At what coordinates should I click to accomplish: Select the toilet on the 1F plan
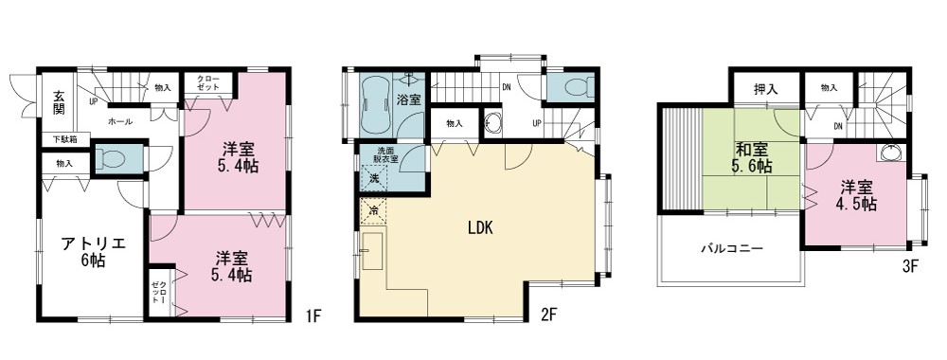pos(111,159)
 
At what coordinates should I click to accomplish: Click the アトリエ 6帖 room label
pos(93,253)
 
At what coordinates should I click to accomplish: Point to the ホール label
pos(120,122)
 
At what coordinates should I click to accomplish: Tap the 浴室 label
pos(409,100)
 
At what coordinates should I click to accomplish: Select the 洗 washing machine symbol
pos(374,179)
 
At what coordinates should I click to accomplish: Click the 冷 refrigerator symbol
pos(374,212)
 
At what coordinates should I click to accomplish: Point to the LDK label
pos(481,227)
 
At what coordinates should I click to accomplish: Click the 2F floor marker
pos(547,314)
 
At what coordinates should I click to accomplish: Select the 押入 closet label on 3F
pos(765,89)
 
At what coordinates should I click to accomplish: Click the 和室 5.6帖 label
pos(753,157)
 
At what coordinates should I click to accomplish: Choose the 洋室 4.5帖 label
pos(856,196)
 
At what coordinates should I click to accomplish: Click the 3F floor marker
pos(911,267)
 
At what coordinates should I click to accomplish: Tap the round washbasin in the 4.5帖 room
pos(891,153)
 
